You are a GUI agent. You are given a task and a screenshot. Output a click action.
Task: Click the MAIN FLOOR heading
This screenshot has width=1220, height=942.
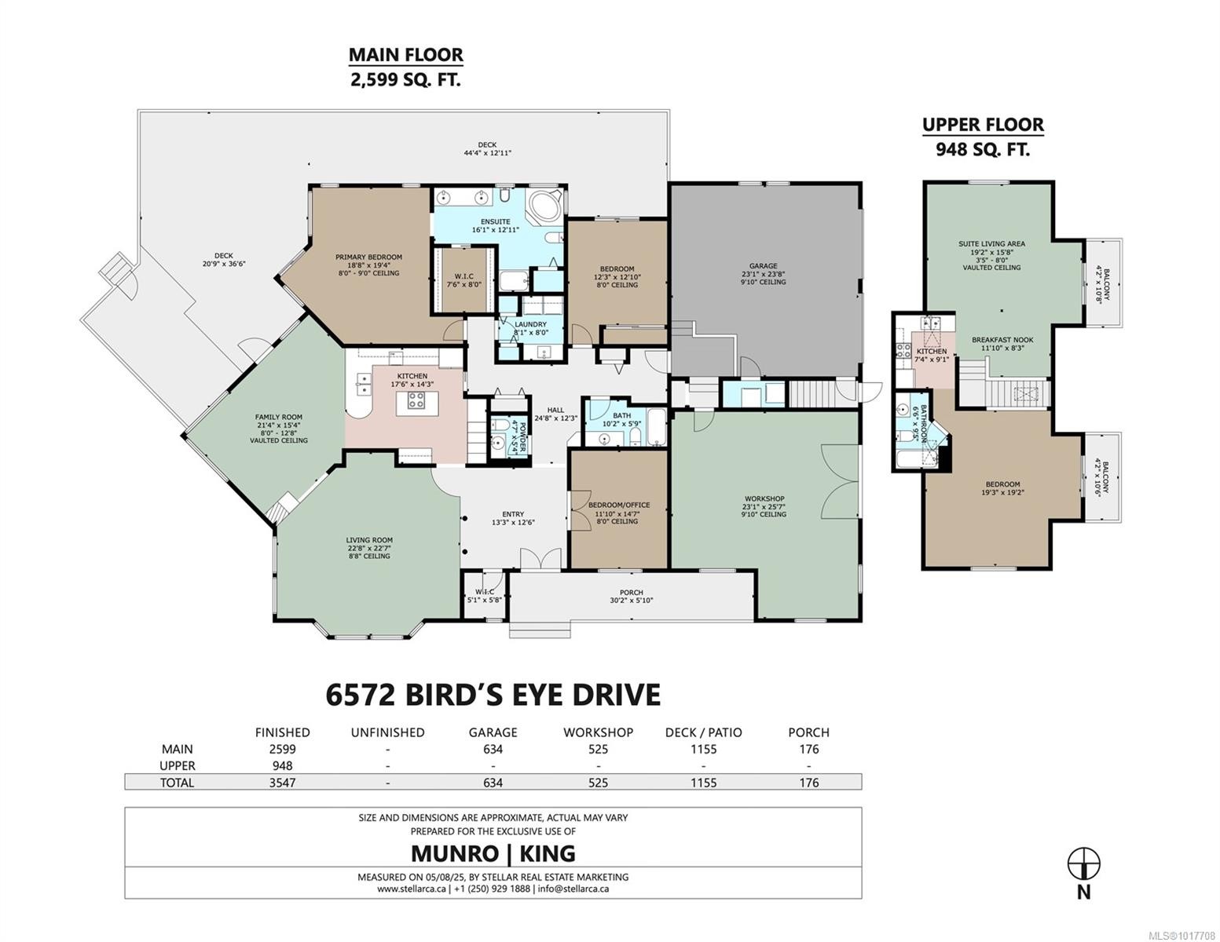point(405,55)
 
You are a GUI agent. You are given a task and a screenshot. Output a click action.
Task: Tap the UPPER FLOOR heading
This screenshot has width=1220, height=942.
point(982,125)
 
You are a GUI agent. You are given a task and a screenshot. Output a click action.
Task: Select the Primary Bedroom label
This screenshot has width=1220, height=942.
point(368,257)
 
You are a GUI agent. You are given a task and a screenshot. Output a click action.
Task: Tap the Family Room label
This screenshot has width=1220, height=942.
point(278,418)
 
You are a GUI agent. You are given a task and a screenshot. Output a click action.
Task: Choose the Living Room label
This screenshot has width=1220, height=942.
point(368,540)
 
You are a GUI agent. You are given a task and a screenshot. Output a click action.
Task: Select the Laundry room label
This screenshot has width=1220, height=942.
point(530,324)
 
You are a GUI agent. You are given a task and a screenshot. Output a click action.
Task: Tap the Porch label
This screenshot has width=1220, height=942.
point(631,593)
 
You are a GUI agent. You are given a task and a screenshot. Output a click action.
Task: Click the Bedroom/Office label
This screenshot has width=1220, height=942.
point(619,505)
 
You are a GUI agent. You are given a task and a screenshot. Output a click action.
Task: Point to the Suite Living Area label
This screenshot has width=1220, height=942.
point(991,243)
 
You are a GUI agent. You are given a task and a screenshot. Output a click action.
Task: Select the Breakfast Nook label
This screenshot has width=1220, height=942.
point(1002,340)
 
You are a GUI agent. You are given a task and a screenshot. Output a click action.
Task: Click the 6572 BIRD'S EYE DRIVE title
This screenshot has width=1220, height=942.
point(493,695)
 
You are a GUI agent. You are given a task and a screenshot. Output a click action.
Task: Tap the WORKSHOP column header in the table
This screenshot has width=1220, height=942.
point(598,732)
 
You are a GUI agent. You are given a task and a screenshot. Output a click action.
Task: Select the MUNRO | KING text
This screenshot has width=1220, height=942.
point(493,853)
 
